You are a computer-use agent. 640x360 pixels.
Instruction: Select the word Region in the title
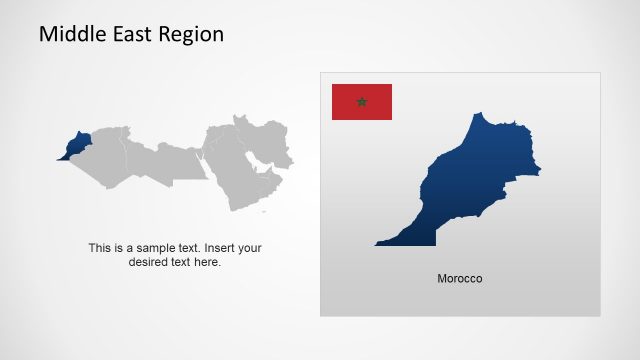(x=191, y=34)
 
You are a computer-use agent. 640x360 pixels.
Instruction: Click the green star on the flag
(x=362, y=102)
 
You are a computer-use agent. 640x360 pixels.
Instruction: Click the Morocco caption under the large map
(x=460, y=278)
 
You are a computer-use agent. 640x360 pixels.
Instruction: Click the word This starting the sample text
(x=100, y=248)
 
